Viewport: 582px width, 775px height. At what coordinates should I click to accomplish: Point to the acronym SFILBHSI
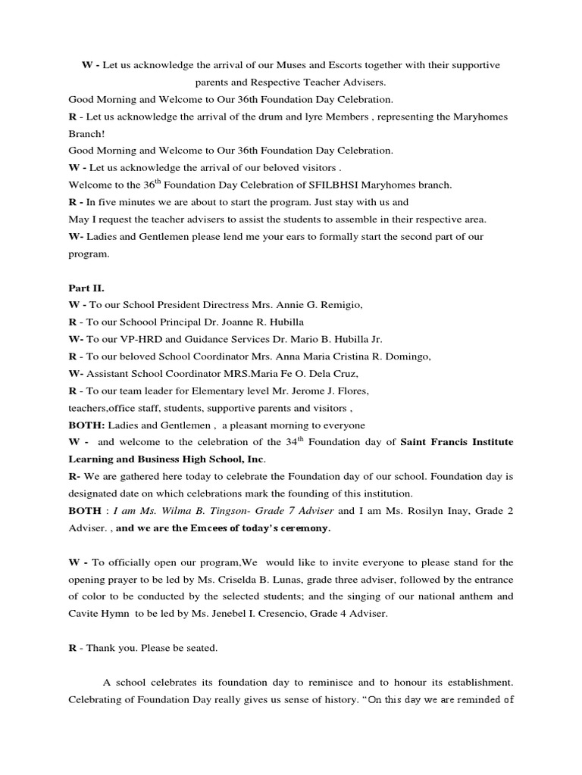coord(324,185)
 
